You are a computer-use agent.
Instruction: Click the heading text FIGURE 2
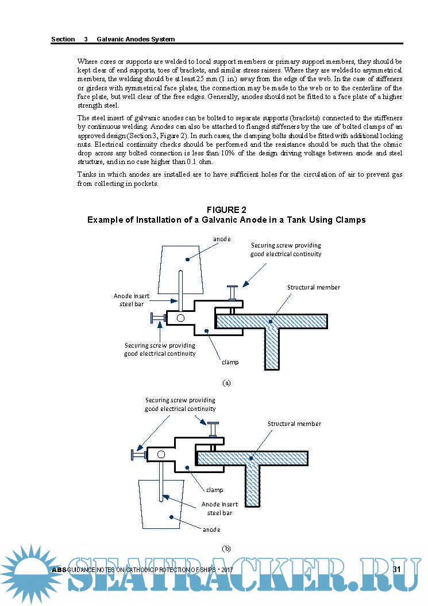[x=226, y=210]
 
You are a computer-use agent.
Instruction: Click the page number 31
[x=396, y=569]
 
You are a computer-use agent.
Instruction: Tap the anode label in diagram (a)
[x=222, y=238]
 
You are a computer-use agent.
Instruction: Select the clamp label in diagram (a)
[x=230, y=362]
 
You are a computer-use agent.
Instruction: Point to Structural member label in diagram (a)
[x=314, y=287]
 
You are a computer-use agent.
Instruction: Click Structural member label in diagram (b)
[x=294, y=424]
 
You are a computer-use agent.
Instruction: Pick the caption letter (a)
[x=226, y=382]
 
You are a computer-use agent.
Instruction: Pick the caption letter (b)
[x=226, y=548]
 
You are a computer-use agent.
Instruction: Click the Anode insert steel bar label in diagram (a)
[x=132, y=300]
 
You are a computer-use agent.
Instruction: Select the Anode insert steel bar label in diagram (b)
[x=219, y=508]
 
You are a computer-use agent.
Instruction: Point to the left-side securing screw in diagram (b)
[x=138, y=455]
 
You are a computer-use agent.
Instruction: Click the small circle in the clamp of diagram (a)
[x=180, y=318]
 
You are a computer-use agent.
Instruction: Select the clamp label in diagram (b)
[x=214, y=490]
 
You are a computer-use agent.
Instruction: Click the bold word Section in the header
[x=63, y=39]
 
